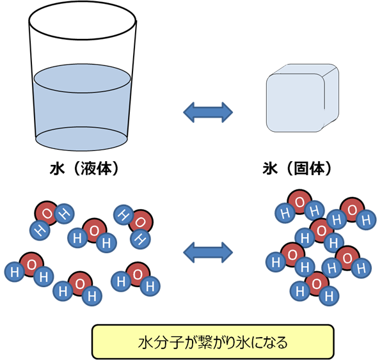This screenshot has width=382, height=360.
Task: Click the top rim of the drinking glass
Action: pyautogui.click(x=83, y=19)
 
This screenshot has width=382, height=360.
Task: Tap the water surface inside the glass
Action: pyautogui.click(x=83, y=79)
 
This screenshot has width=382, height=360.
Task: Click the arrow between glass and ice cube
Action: pyautogui.click(x=208, y=112)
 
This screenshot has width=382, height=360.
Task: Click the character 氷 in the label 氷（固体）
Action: pyautogui.click(x=269, y=168)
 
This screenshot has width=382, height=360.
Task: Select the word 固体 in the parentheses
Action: pyautogui.click(x=307, y=168)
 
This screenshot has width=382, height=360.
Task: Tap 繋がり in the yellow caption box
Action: pyautogui.click(x=204, y=341)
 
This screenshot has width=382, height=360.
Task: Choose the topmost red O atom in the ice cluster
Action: pyautogui.click(x=298, y=200)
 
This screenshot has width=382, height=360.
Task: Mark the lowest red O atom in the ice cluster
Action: pyautogui.click(x=315, y=282)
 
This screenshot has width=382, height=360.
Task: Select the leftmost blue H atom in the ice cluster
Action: pyautogui.click(x=273, y=262)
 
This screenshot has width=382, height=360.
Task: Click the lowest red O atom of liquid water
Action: pyautogui.click(x=79, y=283)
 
